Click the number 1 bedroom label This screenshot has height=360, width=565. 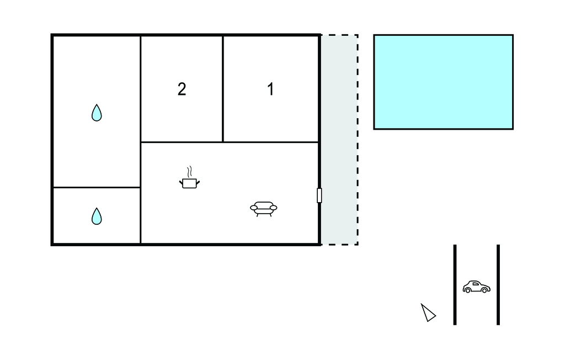point(270,89)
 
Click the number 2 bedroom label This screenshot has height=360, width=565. point(182,89)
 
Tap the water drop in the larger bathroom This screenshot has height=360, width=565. point(97,113)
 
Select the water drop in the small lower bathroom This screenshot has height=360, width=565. point(97,216)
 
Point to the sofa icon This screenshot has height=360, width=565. point(263,209)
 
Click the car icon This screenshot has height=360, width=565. point(476,287)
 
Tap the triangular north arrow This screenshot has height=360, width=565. point(428,313)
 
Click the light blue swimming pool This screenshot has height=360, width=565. point(443,82)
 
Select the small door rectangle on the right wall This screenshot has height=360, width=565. point(319,195)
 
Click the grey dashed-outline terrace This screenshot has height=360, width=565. point(339,140)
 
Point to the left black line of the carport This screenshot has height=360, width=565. point(455,284)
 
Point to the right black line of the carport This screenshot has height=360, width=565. point(498,284)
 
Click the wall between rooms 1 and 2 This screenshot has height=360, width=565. point(223,89)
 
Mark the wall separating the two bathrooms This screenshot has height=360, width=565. point(97,188)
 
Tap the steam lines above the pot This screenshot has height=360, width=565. point(190,172)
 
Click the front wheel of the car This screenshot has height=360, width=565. point(484,290)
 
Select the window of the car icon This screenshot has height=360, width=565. point(475,284)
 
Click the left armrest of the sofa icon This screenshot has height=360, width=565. point(254,208)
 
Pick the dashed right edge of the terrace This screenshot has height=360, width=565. point(358,140)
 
